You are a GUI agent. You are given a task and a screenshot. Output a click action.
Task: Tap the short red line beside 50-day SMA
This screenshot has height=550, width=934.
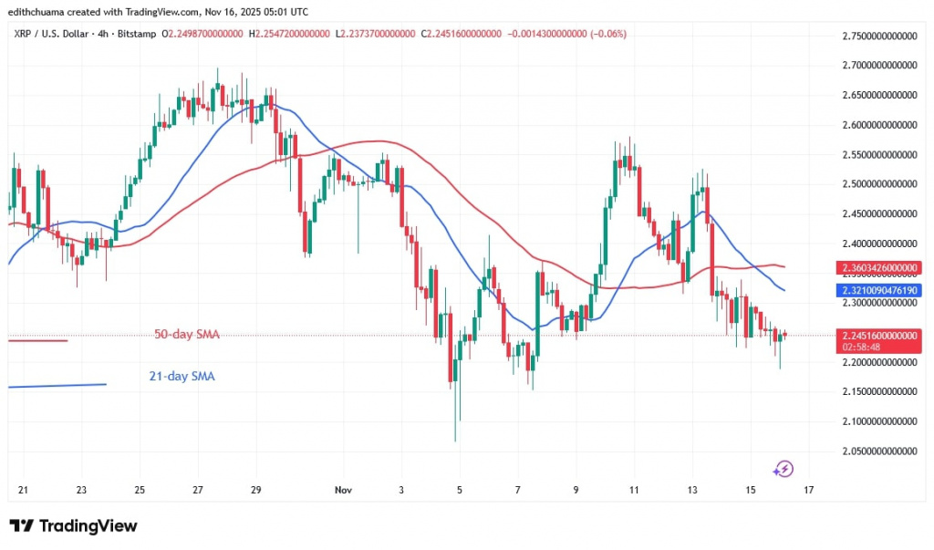[x=37, y=340]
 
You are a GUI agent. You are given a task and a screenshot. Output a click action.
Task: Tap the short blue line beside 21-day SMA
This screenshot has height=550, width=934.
[x=57, y=385]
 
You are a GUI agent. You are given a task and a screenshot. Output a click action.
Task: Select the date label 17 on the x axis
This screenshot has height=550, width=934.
[x=808, y=491]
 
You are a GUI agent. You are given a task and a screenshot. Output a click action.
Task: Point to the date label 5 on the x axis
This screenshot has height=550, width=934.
[x=460, y=491]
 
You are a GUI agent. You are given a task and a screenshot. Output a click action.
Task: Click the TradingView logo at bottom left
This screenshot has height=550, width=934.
[x=73, y=526]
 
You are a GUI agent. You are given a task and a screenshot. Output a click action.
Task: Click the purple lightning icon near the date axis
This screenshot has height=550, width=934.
[x=783, y=469]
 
